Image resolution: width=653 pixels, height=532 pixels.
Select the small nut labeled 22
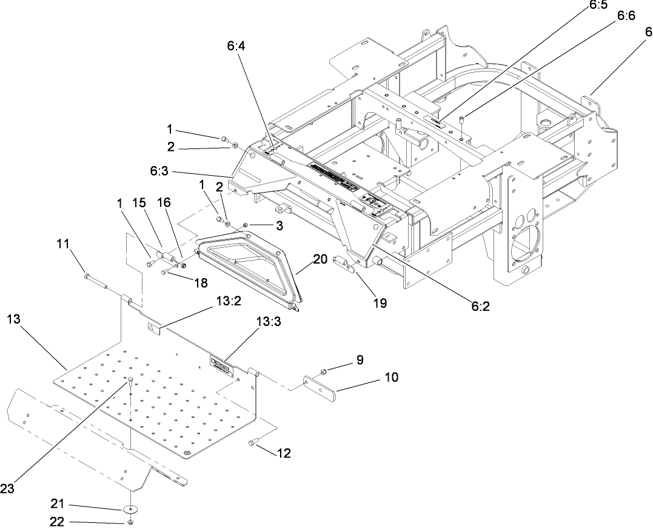pyautogui.click(x=130, y=522)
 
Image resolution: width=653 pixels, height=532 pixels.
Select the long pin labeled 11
pyautogui.click(x=97, y=280)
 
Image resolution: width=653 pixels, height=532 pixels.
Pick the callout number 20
pyautogui.click(x=320, y=259)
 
